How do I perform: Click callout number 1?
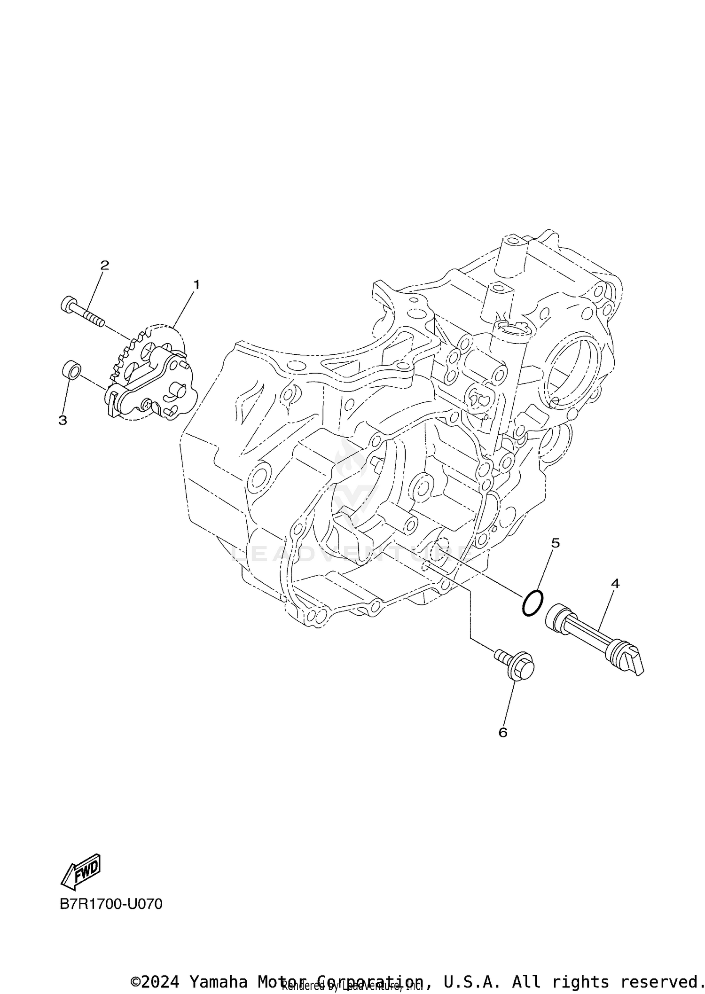click(x=196, y=284)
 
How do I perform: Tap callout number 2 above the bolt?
click(x=104, y=265)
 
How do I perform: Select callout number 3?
click(x=63, y=420)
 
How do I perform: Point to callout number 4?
click(x=615, y=583)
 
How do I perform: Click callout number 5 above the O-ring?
click(x=555, y=543)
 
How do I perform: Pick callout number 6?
click(x=503, y=733)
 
